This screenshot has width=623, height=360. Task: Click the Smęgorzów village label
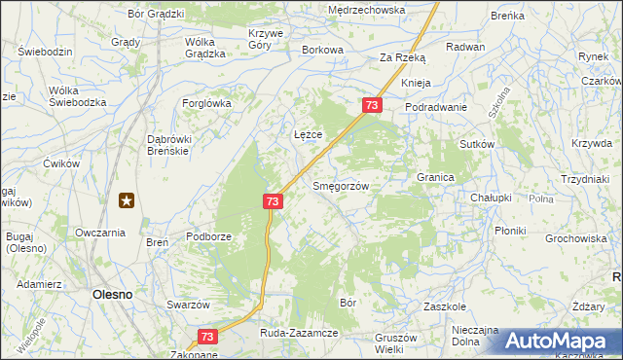(340, 186)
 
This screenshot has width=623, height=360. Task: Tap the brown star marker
(127, 201)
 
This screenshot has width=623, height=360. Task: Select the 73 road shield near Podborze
(273, 200)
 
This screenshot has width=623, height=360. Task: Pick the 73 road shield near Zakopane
(207, 337)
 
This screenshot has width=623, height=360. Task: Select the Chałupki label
(491, 198)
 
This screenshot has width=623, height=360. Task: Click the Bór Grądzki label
(156, 15)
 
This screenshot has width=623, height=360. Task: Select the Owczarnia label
(100, 234)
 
